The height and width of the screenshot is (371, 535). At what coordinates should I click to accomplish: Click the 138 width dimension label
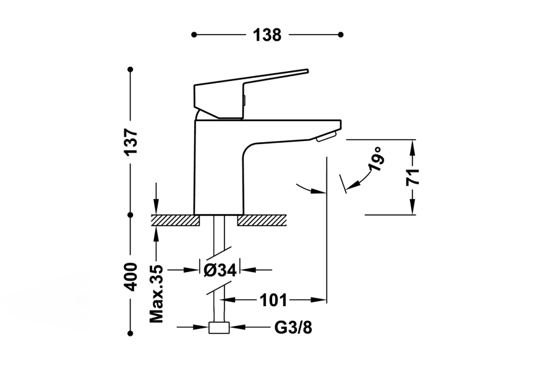[267, 35]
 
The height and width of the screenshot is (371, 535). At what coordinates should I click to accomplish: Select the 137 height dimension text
[131, 143]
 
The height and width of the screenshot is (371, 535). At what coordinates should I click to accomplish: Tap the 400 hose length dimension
[131, 277]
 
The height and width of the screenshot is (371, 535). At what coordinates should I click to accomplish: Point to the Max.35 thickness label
[156, 293]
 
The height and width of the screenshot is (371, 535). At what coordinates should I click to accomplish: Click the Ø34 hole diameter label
[219, 270]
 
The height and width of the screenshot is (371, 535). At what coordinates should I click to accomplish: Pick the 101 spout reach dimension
[273, 301]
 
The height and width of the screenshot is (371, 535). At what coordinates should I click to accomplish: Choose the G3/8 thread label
[293, 328]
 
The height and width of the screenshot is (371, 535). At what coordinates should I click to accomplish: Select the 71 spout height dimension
[413, 177]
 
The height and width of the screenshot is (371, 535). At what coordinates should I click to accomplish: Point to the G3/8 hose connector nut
[219, 328]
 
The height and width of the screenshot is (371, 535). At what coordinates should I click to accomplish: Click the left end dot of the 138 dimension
[194, 35]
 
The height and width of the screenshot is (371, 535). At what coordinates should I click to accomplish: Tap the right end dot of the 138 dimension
[341, 35]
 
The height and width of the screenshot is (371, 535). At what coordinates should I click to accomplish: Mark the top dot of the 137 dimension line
[131, 69]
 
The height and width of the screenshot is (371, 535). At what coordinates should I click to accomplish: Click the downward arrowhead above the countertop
[156, 210]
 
